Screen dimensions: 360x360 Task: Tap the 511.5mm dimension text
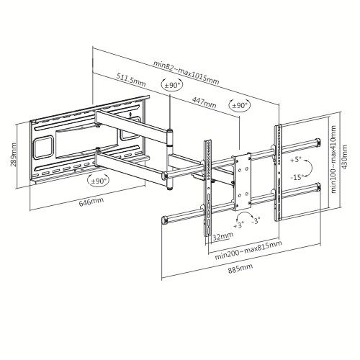tap(130, 84)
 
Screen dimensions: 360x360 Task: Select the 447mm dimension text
tap(205, 104)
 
